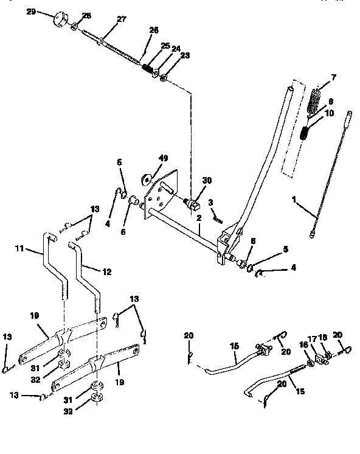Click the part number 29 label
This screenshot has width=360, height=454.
(30, 12)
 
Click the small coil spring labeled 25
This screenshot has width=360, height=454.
(147, 69)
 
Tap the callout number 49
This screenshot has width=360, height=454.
(163, 159)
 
